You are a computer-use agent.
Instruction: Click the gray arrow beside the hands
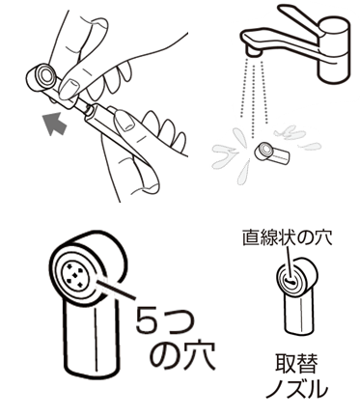point(55,124)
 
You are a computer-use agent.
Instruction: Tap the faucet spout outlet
point(253,51)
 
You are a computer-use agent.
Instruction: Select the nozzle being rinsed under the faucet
point(272,153)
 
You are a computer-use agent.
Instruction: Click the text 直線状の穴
point(287,238)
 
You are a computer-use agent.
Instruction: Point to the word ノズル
point(296,390)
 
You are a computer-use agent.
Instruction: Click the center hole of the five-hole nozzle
point(74,275)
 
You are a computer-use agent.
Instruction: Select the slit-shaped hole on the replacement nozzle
point(291,282)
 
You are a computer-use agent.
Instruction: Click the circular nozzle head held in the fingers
point(44,75)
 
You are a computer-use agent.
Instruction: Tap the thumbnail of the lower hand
point(125,120)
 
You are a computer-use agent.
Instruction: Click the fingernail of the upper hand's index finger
point(69,87)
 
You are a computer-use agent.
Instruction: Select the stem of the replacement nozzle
point(298,315)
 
